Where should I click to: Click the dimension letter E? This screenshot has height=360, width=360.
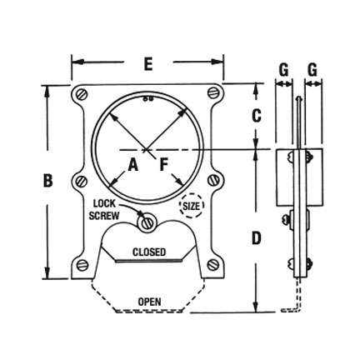tap(147, 63)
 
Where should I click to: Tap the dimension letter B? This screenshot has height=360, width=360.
tap(47, 179)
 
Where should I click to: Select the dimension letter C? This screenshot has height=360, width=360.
tap(256, 116)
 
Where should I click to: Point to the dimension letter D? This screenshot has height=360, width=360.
tap(256, 238)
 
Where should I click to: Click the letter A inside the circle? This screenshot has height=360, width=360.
tap(132, 165)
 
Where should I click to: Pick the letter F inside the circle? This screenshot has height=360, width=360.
tap(164, 165)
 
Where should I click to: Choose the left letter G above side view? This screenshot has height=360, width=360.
tap(283, 70)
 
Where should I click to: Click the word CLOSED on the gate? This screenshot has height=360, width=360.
tap(149, 252)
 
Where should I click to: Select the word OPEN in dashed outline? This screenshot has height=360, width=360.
tap(149, 301)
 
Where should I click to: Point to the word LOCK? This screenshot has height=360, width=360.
tap(105, 202)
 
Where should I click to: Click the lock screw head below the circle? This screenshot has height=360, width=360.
tap(147, 222)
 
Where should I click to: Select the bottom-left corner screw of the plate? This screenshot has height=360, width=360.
tap(82, 265)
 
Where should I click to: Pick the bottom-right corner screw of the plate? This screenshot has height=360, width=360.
tap(213, 265)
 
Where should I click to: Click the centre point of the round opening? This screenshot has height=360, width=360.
tap(147, 149)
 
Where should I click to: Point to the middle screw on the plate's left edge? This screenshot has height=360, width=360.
tap(81, 181)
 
